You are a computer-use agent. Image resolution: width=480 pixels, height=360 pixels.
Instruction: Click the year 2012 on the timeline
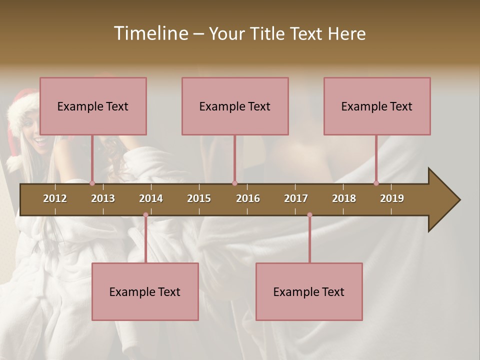[x=55, y=198]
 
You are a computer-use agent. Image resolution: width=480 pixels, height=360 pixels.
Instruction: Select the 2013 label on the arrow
[x=103, y=198]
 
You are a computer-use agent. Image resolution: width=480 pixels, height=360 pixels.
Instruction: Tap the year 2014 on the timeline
[x=151, y=198]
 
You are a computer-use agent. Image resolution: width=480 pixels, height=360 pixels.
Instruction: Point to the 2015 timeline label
[x=199, y=198]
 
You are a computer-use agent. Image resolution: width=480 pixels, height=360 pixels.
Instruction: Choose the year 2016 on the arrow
[x=248, y=198]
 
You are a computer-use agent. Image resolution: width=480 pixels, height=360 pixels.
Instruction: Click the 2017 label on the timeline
[x=296, y=198]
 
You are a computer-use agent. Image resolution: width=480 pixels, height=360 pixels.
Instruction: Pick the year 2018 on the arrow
[x=344, y=198]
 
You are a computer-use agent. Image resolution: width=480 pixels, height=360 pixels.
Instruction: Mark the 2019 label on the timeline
[x=392, y=198]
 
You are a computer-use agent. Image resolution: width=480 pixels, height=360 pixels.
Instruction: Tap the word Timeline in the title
[x=150, y=33]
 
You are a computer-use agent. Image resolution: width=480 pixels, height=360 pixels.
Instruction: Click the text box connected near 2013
[x=93, y=106]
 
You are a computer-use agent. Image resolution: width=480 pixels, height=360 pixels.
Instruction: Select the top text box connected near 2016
[x=235, y=106]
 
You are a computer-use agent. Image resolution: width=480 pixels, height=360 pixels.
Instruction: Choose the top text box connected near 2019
[x=377, y=106]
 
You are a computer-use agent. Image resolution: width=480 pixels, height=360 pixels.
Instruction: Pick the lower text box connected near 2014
[x=145, y=291]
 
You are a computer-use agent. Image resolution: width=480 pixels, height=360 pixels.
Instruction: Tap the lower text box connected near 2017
[x=309, y=291]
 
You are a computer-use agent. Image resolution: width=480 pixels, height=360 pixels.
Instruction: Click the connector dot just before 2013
[x=92, y=183]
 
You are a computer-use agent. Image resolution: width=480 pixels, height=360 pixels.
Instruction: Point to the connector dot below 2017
[x=309, y=215]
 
